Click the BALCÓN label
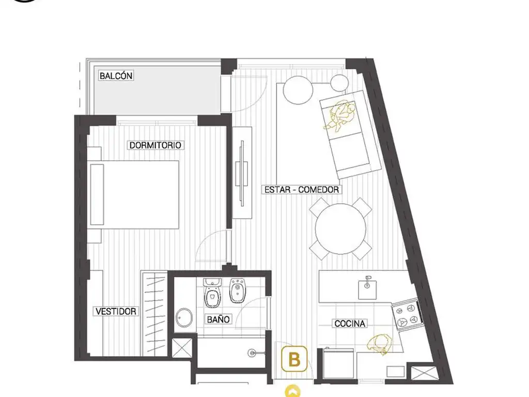pos(116,75)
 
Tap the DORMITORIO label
pos(155,145)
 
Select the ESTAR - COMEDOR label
pos(301,189)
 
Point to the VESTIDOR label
pos(116,311)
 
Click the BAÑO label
pos(219,319)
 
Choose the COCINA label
pos(350,324)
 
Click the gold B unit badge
pos(294,359)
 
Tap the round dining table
pos(340,228)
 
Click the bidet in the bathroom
pos(238,291)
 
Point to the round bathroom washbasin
pos(184,317)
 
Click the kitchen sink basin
pos(367,287)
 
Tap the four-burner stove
pos(407,314)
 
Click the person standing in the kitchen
pos(379,344)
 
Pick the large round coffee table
pos(298,90)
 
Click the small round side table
pos(339,83)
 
